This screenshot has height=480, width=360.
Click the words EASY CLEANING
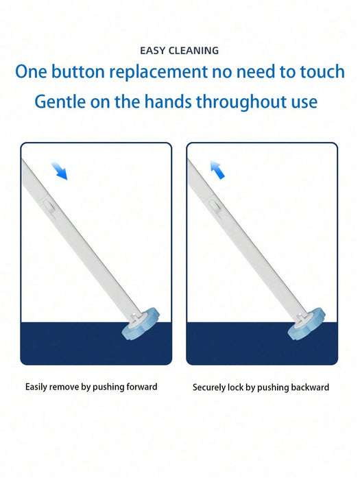point(180,51)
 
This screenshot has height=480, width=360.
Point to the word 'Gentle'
point(60,101)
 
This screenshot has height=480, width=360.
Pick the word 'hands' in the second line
point(169,101)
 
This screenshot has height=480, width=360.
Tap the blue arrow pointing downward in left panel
point(60,171)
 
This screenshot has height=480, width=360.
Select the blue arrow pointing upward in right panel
point(217,169)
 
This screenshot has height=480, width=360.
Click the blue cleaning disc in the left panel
point(141,324)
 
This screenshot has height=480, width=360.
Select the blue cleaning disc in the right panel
point(307,324)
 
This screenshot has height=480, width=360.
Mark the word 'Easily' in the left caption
point(36,387)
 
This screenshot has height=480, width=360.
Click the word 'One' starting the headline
point(32,72)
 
